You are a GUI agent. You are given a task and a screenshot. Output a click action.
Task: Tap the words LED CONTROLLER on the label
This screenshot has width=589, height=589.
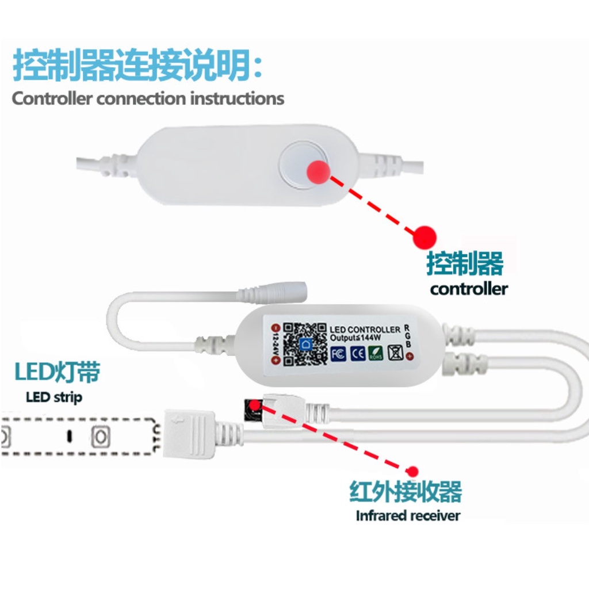click(x=365, y=330)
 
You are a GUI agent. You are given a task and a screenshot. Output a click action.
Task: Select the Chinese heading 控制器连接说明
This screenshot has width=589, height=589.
click(x=138, y=66)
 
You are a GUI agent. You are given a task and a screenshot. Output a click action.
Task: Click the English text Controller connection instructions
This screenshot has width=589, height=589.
click(x=148, y=98)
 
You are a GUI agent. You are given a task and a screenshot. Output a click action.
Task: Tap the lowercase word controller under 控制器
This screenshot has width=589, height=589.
click(x=469, y=288)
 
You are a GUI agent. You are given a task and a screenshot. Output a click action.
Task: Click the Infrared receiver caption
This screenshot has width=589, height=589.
click(x=408, y=515)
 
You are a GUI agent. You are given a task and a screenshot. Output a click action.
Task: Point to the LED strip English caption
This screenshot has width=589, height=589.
click(x=54, y=397)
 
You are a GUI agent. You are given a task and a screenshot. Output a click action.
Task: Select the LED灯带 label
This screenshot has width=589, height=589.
click(x=58, y=373)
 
